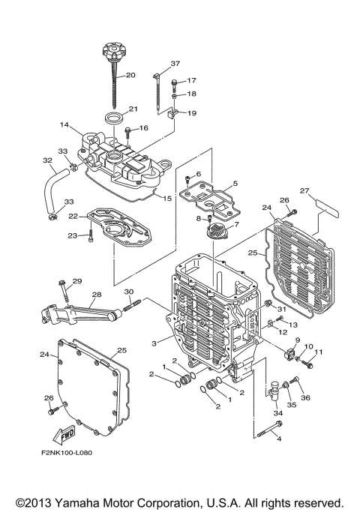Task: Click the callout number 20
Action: coord(130,75)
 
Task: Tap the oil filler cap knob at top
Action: coord(109,55)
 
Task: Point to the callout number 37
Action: coord(175,63)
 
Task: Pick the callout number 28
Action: coord(96,295)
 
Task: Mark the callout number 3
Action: coord(154,342)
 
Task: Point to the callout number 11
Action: coord(318,352)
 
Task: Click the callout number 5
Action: coord(235,184)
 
